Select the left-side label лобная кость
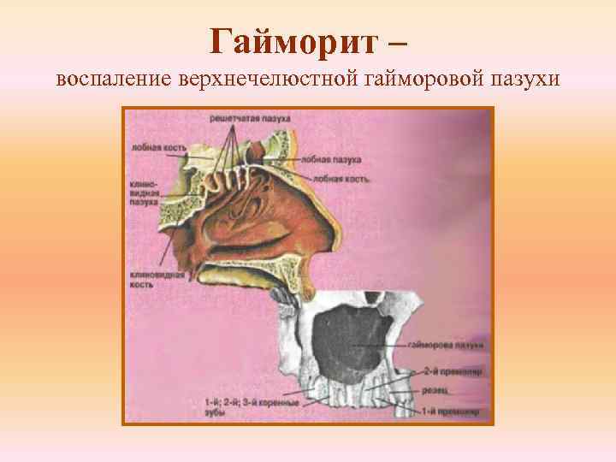152,147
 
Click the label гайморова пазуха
445,346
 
